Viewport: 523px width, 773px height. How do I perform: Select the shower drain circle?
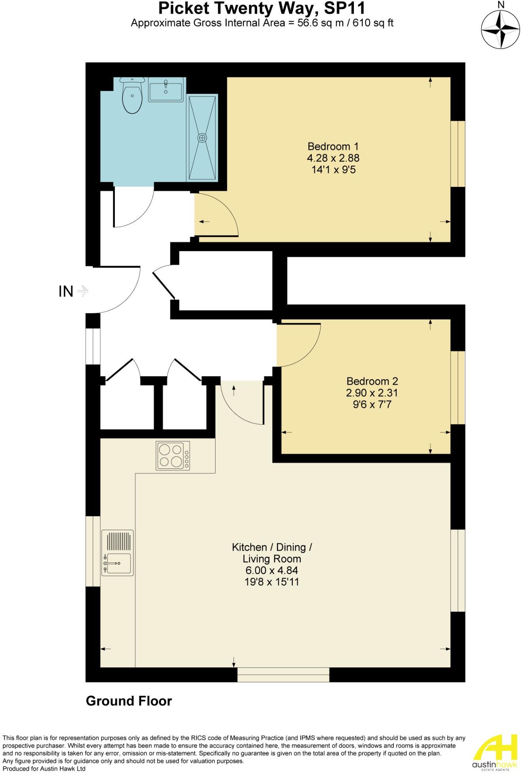point(202,137)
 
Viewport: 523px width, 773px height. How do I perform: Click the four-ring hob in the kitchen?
point(173,455)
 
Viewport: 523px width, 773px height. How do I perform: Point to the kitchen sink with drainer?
point(117,553)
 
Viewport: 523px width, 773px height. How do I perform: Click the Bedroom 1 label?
point(333,146)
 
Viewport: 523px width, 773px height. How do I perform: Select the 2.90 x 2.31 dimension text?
point(372,393)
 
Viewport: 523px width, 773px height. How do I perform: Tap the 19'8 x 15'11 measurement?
point(272,582)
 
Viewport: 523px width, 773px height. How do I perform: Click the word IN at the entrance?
point(66,292)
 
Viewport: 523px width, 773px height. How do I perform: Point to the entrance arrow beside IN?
point(83,291)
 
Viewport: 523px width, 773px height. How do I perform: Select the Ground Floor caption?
point(129,701)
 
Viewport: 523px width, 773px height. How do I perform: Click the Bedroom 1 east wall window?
point(458,154)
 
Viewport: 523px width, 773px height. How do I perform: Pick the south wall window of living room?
point(283,674)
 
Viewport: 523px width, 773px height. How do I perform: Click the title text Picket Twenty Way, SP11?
point(261,8)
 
